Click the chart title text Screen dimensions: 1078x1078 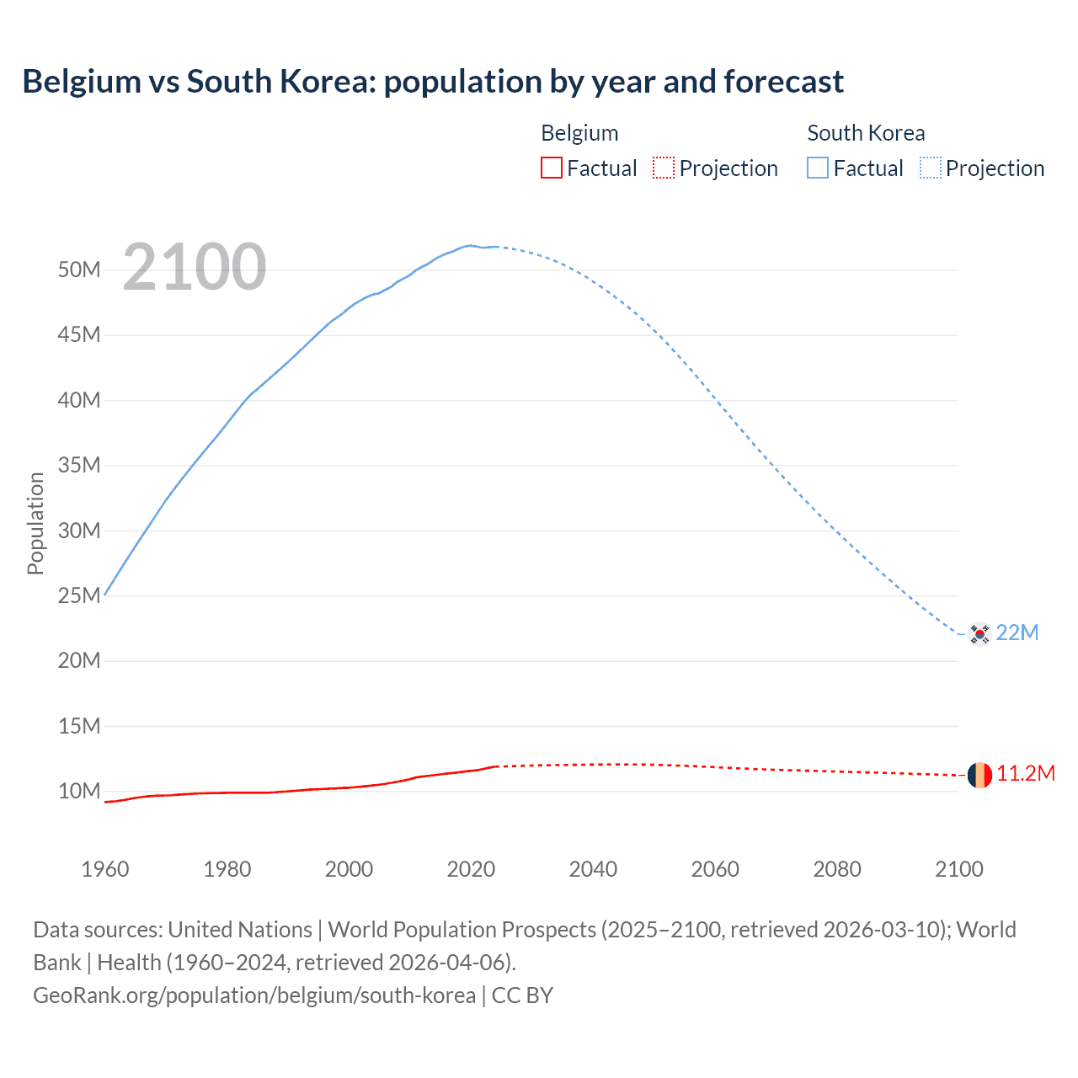[433, 82]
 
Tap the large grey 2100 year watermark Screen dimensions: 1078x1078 [195, 267]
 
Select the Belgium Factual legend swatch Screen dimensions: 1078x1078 [551, 168]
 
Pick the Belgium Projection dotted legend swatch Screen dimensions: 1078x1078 [664, 168]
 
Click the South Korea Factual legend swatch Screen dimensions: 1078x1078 [818, 168]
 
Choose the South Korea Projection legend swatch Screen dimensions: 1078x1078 [931, 168]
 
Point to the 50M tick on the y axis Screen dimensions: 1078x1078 [79, 269]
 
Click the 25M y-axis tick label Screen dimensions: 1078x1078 [79, 595]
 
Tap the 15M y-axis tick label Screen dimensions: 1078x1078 [79, 726]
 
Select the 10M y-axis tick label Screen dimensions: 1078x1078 [79, 791]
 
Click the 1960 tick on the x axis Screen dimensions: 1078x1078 [105, 869]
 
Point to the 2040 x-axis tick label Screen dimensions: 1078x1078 [593, 869]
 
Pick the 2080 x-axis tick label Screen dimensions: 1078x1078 [837, 869]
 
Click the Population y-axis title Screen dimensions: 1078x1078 [35, 523]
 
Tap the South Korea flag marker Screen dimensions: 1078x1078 [979, 633]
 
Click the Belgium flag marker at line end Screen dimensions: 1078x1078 [979, 775]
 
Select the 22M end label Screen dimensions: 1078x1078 [1017, 632]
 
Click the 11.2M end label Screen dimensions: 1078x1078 [1026, 773]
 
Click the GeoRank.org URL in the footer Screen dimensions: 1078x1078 [254, 995]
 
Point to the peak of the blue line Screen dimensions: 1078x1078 [471, 245]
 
